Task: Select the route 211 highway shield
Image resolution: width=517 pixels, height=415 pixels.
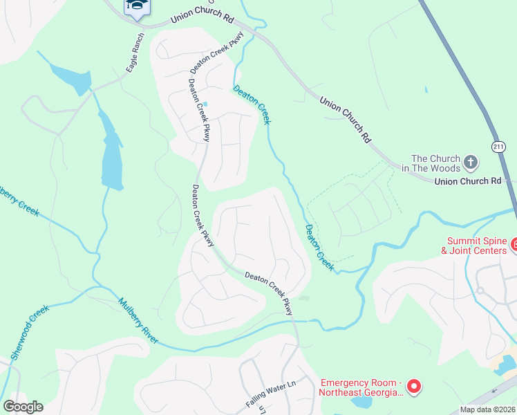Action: click(499, 147)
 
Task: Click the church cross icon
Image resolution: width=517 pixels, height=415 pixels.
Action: click(471, 163)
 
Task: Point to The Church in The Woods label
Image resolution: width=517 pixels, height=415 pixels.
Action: click(435, 163)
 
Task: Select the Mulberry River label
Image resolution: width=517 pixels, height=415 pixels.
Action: click(138, 321)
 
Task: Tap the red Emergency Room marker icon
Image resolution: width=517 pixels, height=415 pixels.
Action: click(413, 387)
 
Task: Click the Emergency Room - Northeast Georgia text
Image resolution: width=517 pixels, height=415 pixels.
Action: click(359, 387)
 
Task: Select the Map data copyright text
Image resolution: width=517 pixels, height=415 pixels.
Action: click(488, 409)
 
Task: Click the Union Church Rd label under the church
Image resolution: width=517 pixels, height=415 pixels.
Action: click(467, 181)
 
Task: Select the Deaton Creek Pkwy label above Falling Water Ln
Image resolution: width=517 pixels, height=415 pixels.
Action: click(270, 293)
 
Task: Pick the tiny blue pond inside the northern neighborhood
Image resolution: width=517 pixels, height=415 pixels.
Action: click(205, 104)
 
